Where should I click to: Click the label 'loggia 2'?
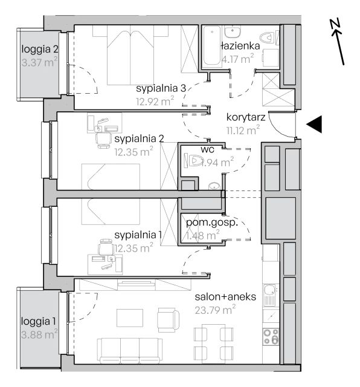(x=40, y=49)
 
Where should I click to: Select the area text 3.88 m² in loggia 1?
(x=39, y=334)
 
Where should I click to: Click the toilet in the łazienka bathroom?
(x=267, y=37)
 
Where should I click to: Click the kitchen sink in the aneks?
(x=271, y=294)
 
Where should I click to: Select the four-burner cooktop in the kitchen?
(x=271, y=337)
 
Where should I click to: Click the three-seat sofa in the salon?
(x=130, y=351)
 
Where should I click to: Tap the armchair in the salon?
(x=169, y=320)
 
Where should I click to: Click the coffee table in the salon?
(x=130, y=318)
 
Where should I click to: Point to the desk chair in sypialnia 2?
(x=103, y=140)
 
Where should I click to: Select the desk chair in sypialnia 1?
(x=106, y=247)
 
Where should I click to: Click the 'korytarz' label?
(x=246, y=117)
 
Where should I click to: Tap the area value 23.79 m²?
(x=215, y=310)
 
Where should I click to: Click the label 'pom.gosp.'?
(x=212, y=223)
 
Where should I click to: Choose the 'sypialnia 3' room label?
(x=161, y=88)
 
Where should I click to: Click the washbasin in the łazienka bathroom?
(x=233, y=32)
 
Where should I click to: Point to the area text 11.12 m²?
(x=243, y=130)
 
